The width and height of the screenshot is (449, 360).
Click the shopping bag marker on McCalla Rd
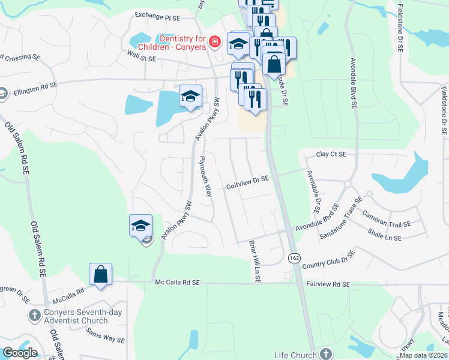(101, 275)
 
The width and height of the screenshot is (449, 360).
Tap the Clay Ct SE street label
(331, 155)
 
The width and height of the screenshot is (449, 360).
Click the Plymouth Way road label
(205, 176)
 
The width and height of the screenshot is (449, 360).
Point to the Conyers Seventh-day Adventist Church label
(76, 316)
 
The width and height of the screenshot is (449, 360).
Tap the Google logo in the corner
(20, 352)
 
